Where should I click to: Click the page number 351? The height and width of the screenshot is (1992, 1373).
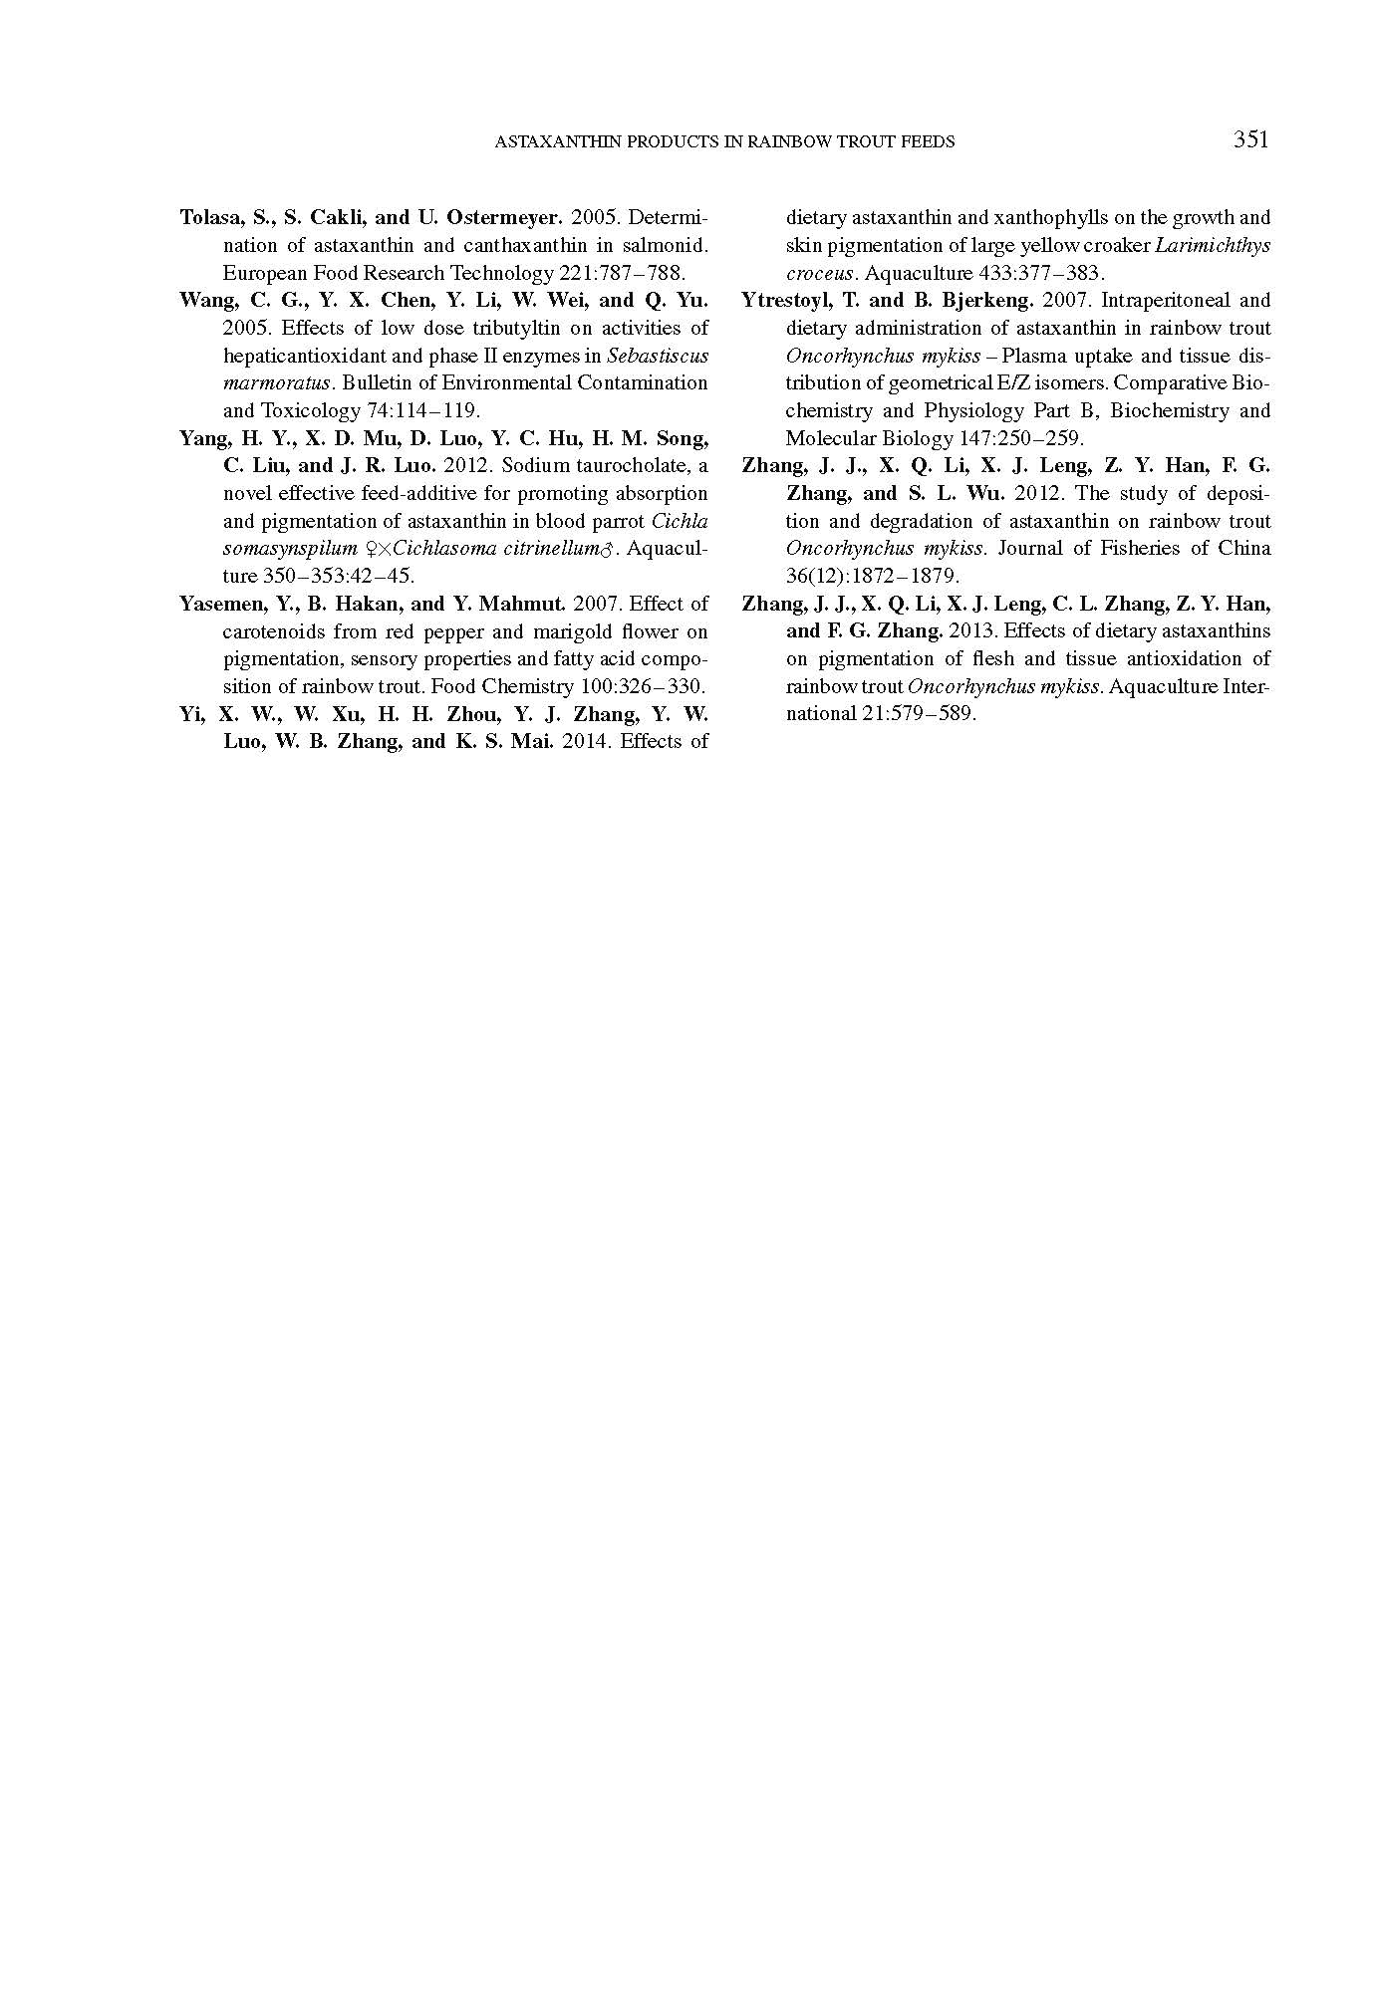coord(1250,139)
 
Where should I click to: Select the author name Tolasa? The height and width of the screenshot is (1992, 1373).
coord(208,217)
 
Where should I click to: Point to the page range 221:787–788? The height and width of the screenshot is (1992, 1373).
coord(623,273)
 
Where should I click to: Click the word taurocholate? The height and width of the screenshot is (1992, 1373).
coord(621,465)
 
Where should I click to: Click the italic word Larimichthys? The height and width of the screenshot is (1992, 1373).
coord(1212,245)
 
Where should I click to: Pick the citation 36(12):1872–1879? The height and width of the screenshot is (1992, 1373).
coord(872,576)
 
